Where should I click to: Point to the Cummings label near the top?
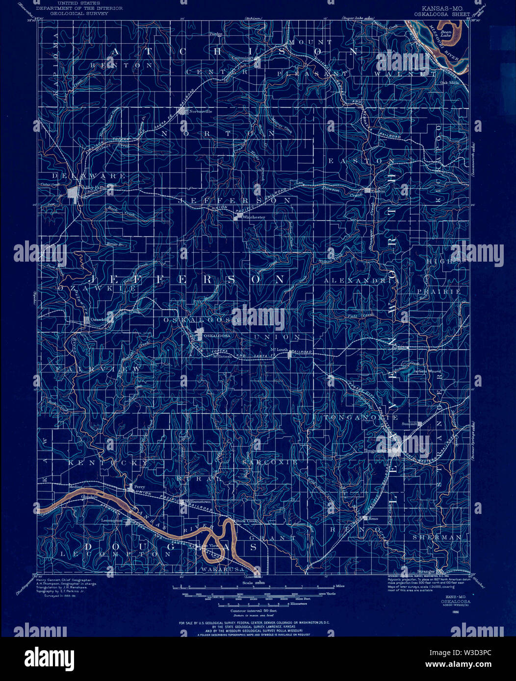pos(243,57)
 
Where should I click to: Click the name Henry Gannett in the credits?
pos(55,580)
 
